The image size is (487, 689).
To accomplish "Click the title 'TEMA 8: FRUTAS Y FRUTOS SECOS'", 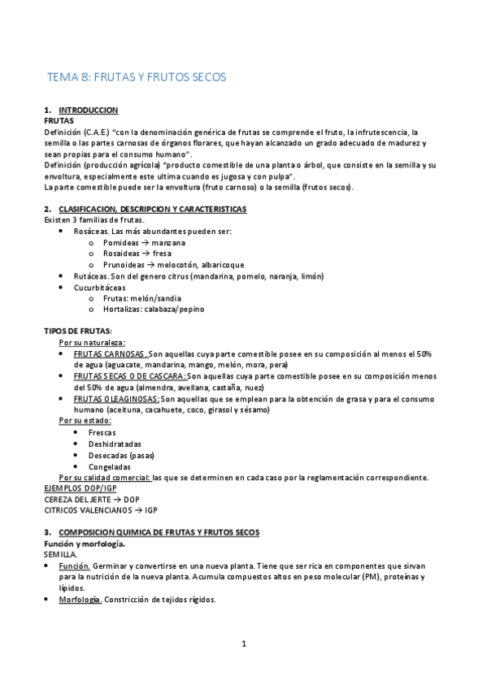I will pos(137,78).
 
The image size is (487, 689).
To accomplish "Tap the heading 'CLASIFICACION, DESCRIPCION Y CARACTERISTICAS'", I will pos(153,209).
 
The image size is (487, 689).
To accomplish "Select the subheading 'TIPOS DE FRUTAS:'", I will pos(77,331).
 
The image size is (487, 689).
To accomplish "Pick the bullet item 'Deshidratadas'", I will pos(115,444).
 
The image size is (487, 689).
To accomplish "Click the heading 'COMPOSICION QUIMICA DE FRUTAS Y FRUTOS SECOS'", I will pos(159,532).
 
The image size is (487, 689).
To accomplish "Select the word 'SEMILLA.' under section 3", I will pos(60,554).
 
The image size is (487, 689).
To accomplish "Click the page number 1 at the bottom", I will pos(243,644).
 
